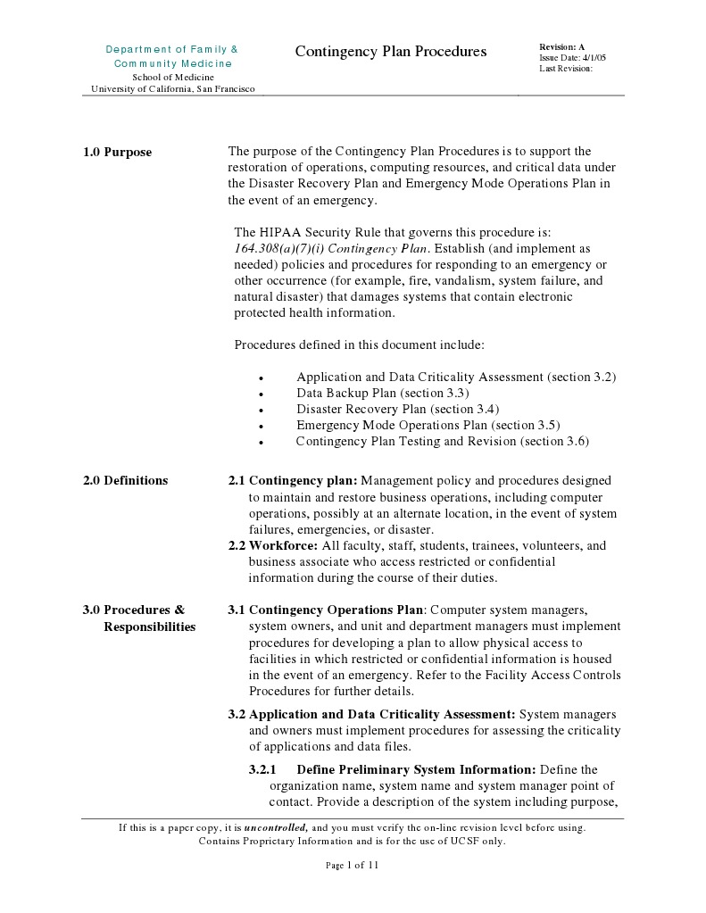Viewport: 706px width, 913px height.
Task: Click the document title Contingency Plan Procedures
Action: pos(391,52)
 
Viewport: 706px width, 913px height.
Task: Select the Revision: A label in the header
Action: pos(561,46)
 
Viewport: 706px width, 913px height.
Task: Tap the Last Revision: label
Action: pos(566,69)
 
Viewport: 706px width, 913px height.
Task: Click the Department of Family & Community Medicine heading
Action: pos(172,56)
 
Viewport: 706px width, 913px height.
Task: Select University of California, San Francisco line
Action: pos(173,89)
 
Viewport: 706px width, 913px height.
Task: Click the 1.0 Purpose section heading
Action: pos(117,153)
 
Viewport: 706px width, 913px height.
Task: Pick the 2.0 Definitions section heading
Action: pos(125,481)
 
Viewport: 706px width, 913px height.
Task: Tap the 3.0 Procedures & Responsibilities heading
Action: pos(138,618)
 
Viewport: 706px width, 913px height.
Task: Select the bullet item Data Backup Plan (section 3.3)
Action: pos(383,394)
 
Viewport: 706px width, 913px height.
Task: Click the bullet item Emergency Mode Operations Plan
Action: pos(428,426)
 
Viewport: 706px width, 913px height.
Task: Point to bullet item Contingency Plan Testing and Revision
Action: pos(443,442)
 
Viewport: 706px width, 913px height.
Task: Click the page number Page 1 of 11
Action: pos(353,866)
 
